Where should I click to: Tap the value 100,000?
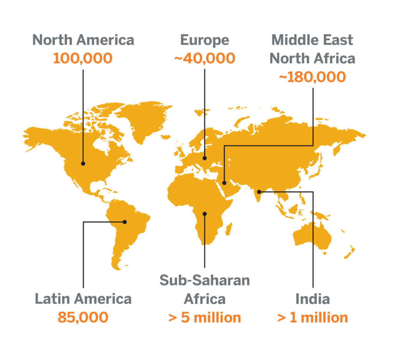pyautogui.click(x=83, y=58)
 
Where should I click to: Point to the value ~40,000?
pyautogui.click(x=205, y=58)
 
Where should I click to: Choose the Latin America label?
pyautogui.click(x=83, y=299)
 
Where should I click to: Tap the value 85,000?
pyautogui.click(x=83, y=318)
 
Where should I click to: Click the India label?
pyautogui.click(x=313, y=299)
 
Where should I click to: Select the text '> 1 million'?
pyautogui.click(x=313, y=318)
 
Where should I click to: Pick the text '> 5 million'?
pyautogui.click(x=205, y=318)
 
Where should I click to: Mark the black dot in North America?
pyautogui.click(x=83, y=163)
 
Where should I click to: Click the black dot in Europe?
pyautogui.click(x=205, y=158)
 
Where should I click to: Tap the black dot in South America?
pyautogui.click(x=125, y=222)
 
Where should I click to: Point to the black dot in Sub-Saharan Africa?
pyautogui.click(x=205, y=214)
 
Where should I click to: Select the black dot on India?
pyautogui.click(x=259, y=192)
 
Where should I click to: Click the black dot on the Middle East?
pyautogui.click(x=225, y=183)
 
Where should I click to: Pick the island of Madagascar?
pyautogui.click(x=229, y=230)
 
